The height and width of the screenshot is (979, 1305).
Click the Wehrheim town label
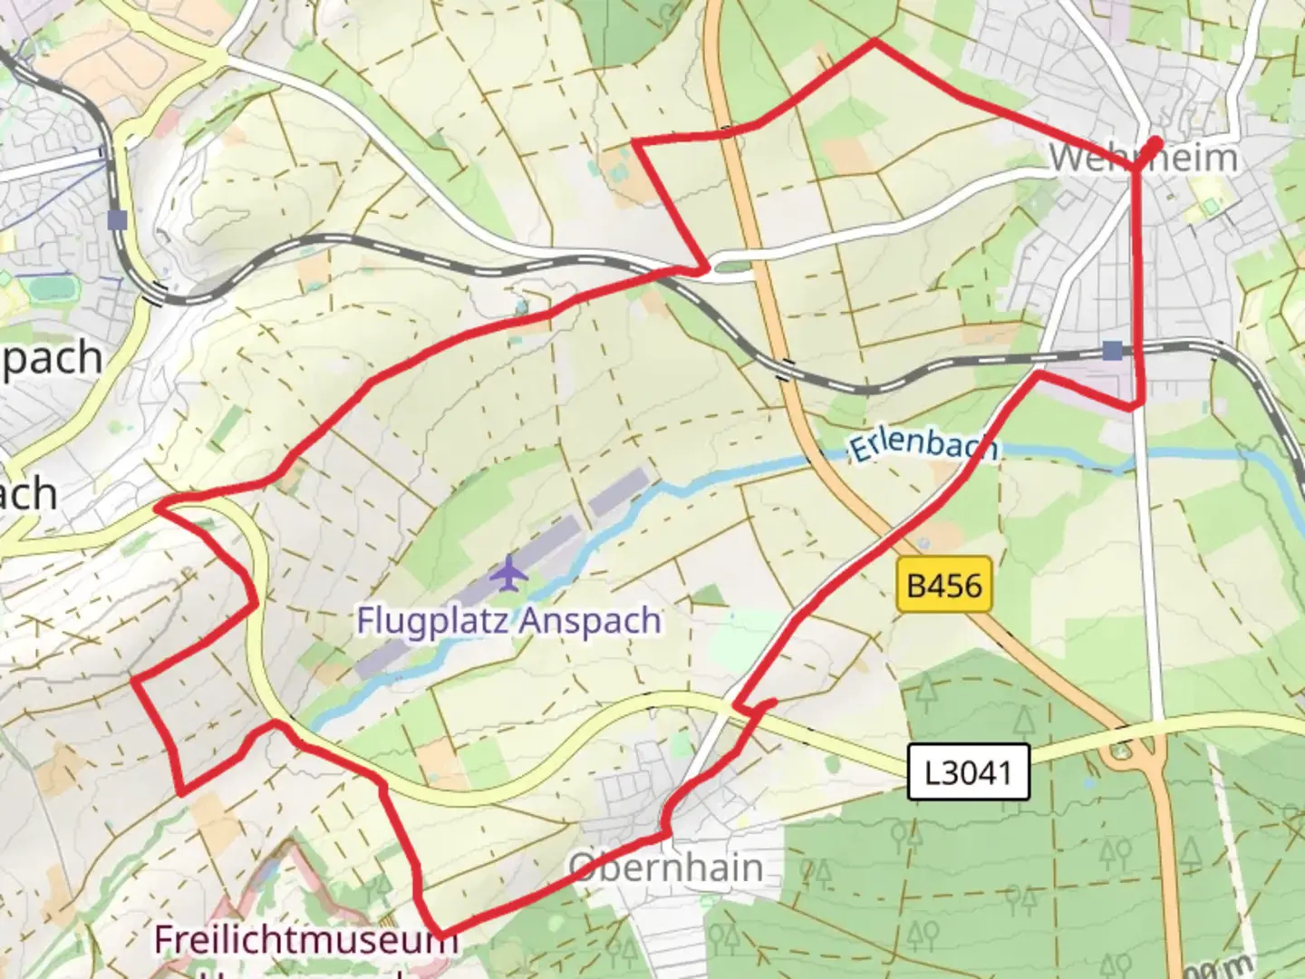click(x=1143, y=159)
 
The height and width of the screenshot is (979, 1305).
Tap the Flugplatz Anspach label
click(x=508, y=621)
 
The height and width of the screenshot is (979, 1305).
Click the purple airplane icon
click(x=511, y=572)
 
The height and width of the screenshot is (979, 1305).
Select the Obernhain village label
click(x=666, y=868)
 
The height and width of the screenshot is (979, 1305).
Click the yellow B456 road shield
click(x=944, y=586)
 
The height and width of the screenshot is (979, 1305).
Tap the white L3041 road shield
click(x=969, y=772)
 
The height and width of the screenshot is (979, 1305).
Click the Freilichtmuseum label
click(x=306, y=939)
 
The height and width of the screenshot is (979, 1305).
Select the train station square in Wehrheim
click(x=1112, y=351)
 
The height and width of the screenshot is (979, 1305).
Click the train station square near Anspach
click(x=117, y=219)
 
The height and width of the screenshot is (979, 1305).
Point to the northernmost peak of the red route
click(x=875, y=41)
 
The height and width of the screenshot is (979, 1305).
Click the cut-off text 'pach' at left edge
click(x=52, y=358)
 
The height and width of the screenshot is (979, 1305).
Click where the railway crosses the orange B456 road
click(x=786, y=368)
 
